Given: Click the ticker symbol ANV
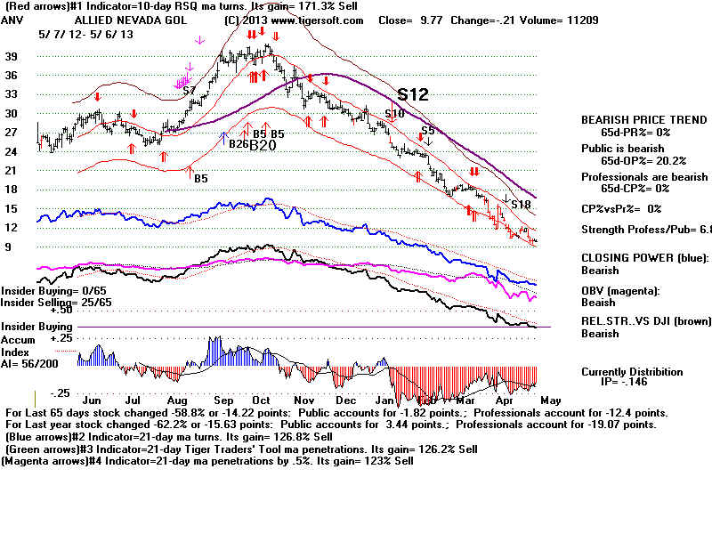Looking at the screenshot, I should (11, 20).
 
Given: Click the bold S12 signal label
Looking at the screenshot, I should (414, 93).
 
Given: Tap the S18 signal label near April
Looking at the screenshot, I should (521, 205).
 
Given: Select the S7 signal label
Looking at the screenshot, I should (189, 91).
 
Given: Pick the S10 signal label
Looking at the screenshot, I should (394, 113).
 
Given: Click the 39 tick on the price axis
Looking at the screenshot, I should (12, 56).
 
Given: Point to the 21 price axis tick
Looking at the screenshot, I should (12, 170).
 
